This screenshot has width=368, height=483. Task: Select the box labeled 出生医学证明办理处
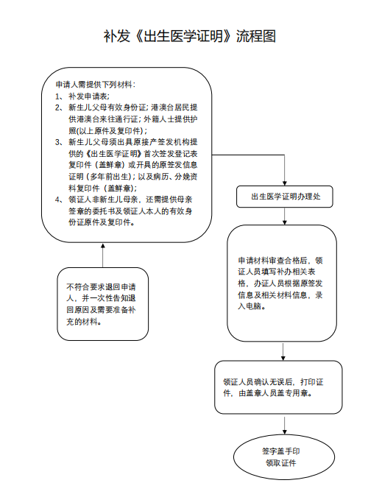[x=286, y=197]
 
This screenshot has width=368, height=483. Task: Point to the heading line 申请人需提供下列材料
[x=95, y=84]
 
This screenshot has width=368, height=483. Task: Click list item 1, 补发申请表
[x=88, y=96]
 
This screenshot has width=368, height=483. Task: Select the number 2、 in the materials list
[x=59, y=107]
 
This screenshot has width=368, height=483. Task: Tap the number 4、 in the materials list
[x=59, y=199]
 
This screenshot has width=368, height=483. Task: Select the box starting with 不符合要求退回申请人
[x=99, y=303]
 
